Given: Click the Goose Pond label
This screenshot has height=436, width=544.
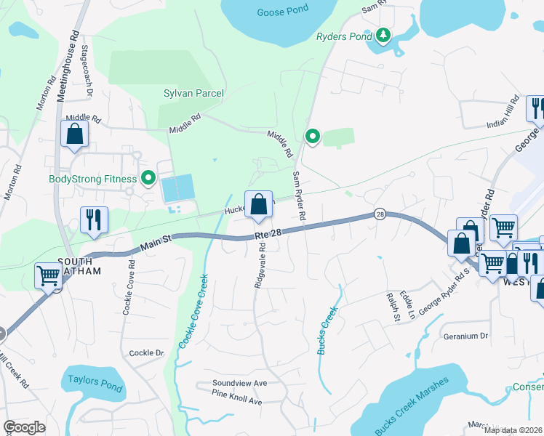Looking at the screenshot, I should point(283,11).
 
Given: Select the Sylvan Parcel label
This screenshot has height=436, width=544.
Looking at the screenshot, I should point(193,93).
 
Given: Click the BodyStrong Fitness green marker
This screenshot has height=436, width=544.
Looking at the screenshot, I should point(149,178).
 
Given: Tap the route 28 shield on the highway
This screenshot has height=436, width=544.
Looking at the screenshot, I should point(380,214).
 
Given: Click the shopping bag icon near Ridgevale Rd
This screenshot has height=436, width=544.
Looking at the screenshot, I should point(259,206).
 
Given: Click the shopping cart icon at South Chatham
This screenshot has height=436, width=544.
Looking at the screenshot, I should point(48,276).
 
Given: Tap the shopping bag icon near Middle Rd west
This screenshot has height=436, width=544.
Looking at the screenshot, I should point(75,134).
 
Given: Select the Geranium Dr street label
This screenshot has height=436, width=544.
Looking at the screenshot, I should point(465,336).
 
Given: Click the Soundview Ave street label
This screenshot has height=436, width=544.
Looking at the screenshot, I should point(240,383).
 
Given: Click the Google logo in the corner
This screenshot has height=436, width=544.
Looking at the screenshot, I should point(24,427).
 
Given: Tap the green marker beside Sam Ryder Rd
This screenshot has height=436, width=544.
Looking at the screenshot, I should point(313,136).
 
